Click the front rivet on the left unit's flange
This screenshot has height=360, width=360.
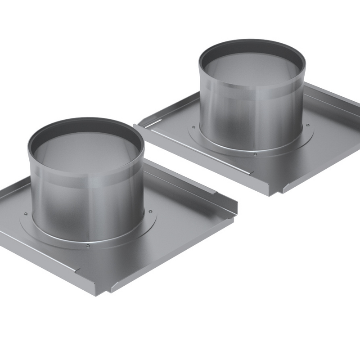tap(87, 246)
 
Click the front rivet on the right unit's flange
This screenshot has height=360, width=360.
tap(255, 154)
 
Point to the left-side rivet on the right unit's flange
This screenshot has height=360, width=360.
tap(197, 127)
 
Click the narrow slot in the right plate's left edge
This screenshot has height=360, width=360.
tap(153, 123)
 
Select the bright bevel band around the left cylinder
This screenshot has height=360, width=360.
tap(85, 184)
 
